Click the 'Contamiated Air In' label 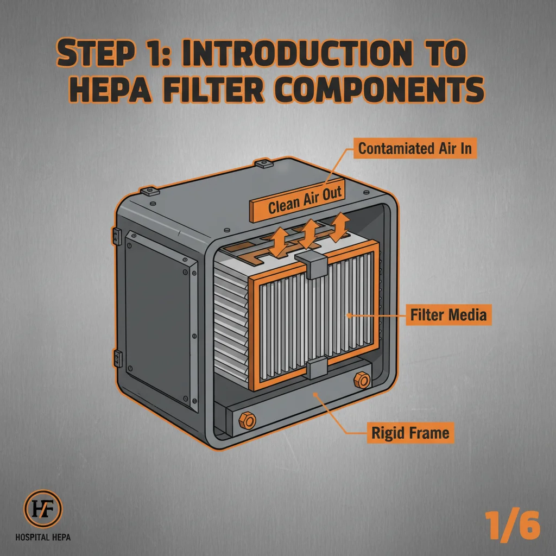click(x=415, y=149)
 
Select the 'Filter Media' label click(x=448, y=314)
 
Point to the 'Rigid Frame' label click(x=410, y=433)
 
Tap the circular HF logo click(x=43, y=509)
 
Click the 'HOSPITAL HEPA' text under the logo click(x=43, y=538)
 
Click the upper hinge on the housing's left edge click(x=116, y=236)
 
